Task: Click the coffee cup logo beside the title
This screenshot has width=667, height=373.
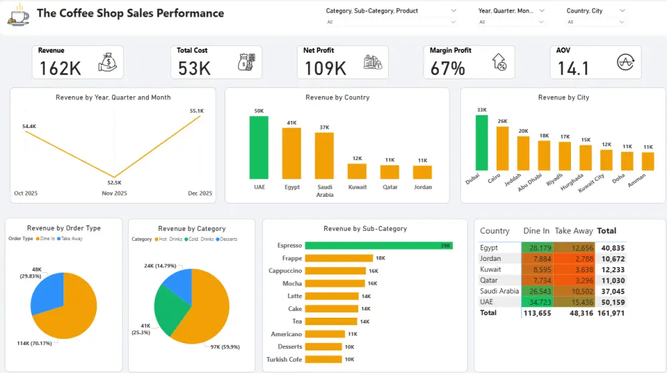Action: [18, 15]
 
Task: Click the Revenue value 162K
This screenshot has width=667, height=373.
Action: [60, 68]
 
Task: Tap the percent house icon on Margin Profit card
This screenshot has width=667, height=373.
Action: [498, 63]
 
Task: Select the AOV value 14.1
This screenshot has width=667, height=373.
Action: [574, 68]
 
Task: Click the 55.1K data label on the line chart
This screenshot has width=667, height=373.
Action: [197, 111]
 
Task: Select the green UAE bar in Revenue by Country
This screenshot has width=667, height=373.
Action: [259, 147]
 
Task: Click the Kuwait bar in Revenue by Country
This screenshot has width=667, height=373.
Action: [357, 171]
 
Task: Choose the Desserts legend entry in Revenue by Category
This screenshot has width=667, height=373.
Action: [228, 239]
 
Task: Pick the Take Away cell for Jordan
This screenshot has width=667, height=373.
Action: [574, 258]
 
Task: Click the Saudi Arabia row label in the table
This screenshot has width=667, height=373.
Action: [499, 291]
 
